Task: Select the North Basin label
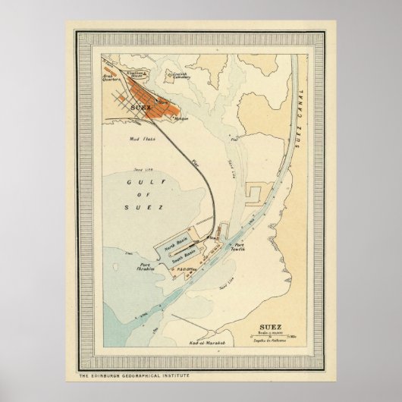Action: [177, 247]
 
